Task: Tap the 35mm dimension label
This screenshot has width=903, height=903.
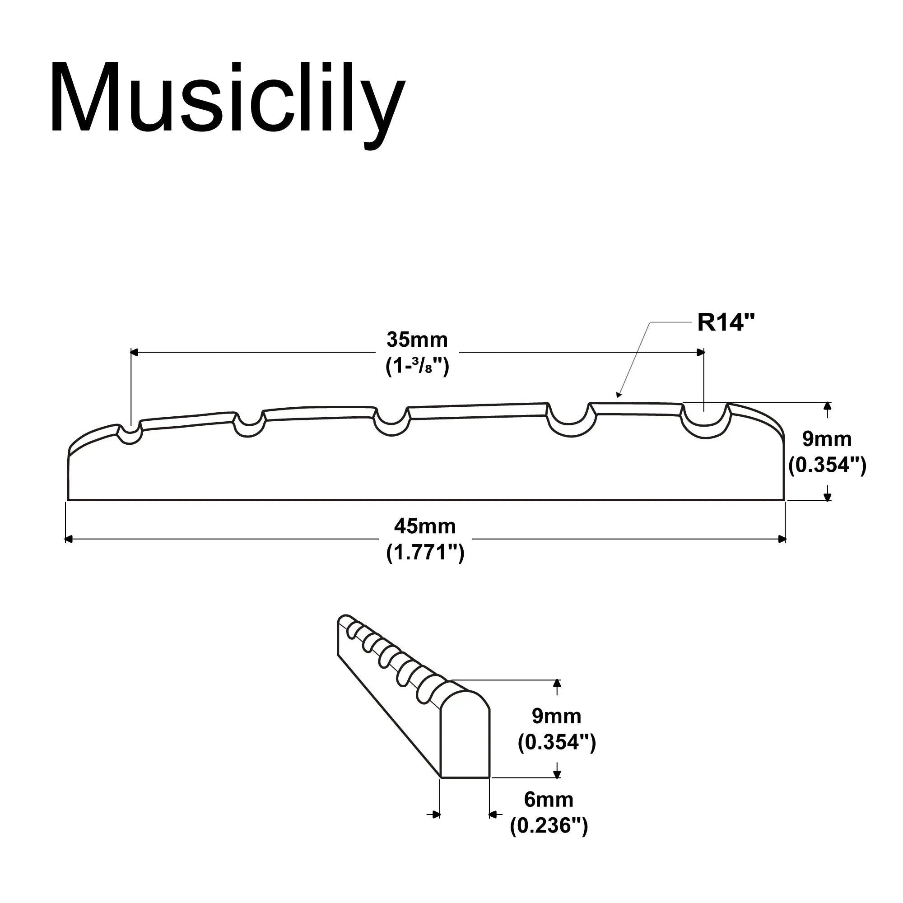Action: pos(417,340)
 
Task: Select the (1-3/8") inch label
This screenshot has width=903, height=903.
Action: pos(417,367)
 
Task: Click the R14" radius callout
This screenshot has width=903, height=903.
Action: pos(726,322)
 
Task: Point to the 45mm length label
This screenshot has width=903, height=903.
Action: pos(424,527)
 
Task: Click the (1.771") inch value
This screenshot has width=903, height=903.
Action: pos(425,553)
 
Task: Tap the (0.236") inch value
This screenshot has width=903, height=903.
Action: pos(548,826)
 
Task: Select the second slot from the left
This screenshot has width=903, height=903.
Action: pos(249,426)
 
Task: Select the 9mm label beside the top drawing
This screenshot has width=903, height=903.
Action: pos(827,439)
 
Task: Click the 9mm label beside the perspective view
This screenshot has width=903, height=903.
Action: pos(556,716)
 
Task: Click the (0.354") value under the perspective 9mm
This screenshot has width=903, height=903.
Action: pos(556,742)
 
